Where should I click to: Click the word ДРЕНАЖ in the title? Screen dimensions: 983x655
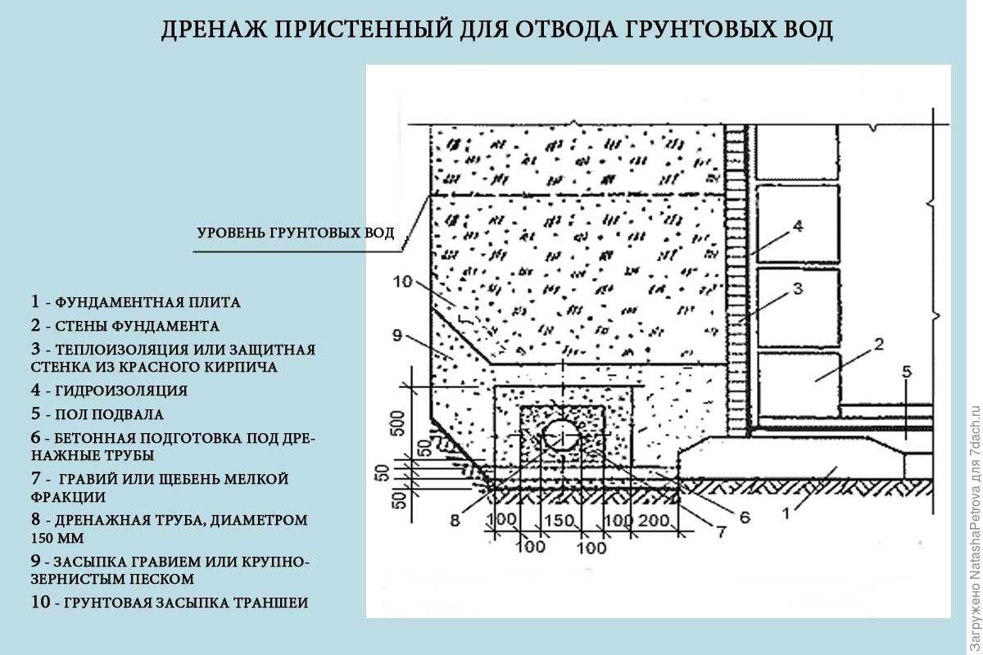coord(215,29)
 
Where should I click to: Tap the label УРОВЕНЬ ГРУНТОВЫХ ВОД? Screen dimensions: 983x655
coord(296,233)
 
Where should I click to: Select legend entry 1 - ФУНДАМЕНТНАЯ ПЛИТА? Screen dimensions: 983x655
coord(136,302)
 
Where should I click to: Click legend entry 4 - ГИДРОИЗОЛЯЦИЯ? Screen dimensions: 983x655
coord(109,390)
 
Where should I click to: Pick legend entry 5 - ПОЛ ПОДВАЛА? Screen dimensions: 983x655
coord(97,413)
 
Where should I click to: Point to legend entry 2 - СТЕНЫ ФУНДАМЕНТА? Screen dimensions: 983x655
coord(125,326)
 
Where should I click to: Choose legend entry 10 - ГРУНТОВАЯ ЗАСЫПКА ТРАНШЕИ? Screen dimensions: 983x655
coord(170,602)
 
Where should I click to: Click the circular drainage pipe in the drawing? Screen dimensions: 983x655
coord(561,435)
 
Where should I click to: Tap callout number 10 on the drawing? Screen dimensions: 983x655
coord(402,281)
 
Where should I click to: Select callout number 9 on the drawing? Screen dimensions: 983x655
coord(396,336)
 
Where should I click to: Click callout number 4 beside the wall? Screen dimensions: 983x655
coord(797,226)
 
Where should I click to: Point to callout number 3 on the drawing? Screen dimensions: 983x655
coord(797,289)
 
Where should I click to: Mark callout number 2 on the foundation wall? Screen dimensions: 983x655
coord(878,345)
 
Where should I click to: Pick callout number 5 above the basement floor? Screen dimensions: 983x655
coord(907,372)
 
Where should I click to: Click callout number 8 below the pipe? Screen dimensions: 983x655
coord(455,520)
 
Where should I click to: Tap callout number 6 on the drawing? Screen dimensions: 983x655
coord(745,517)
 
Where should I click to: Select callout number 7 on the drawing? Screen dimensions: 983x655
coord(722,532)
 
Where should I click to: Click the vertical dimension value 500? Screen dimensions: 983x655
coord(397,423)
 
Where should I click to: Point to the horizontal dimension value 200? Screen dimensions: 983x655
coord(654,521)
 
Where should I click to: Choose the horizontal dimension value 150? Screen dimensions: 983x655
coord(559,521)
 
